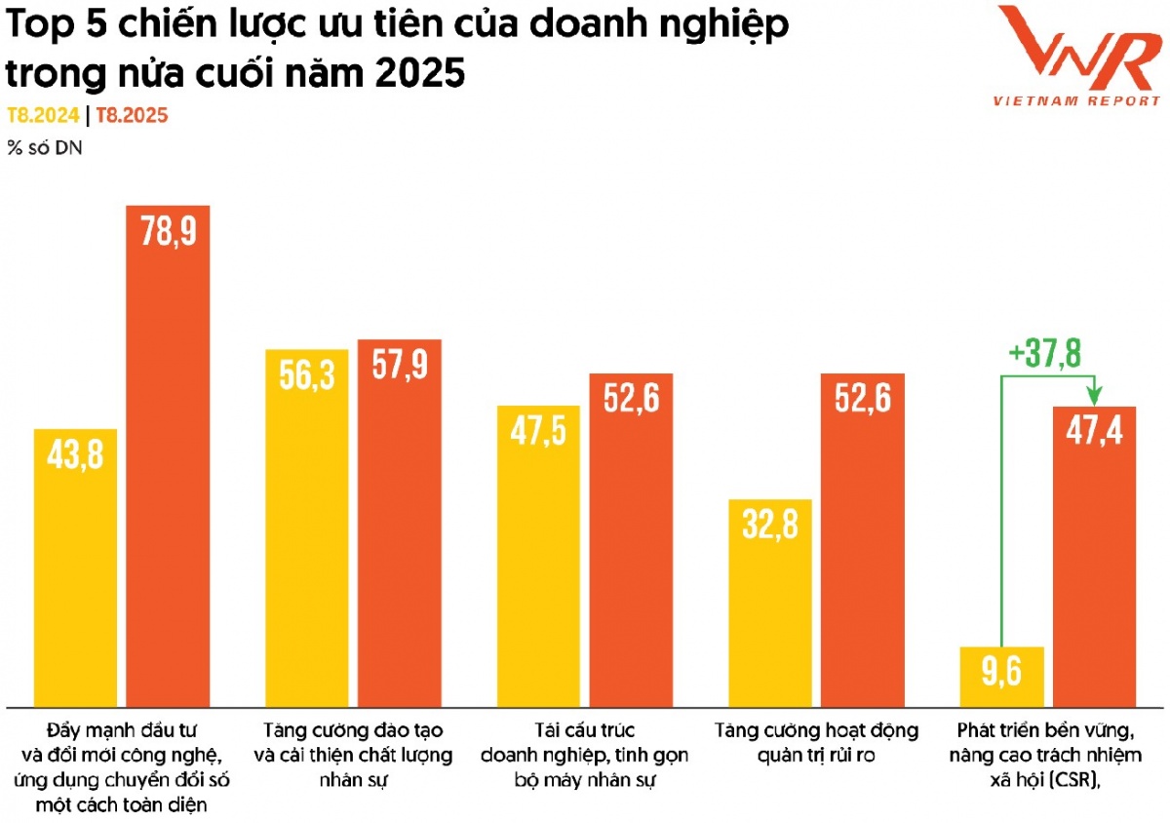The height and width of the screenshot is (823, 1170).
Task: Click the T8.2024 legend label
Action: point(43,116)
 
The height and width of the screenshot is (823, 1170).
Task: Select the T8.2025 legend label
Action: point(132,116)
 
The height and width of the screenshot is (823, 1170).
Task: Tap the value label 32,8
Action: point(770,526)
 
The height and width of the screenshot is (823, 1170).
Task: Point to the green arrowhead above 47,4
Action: point(1095,395)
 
